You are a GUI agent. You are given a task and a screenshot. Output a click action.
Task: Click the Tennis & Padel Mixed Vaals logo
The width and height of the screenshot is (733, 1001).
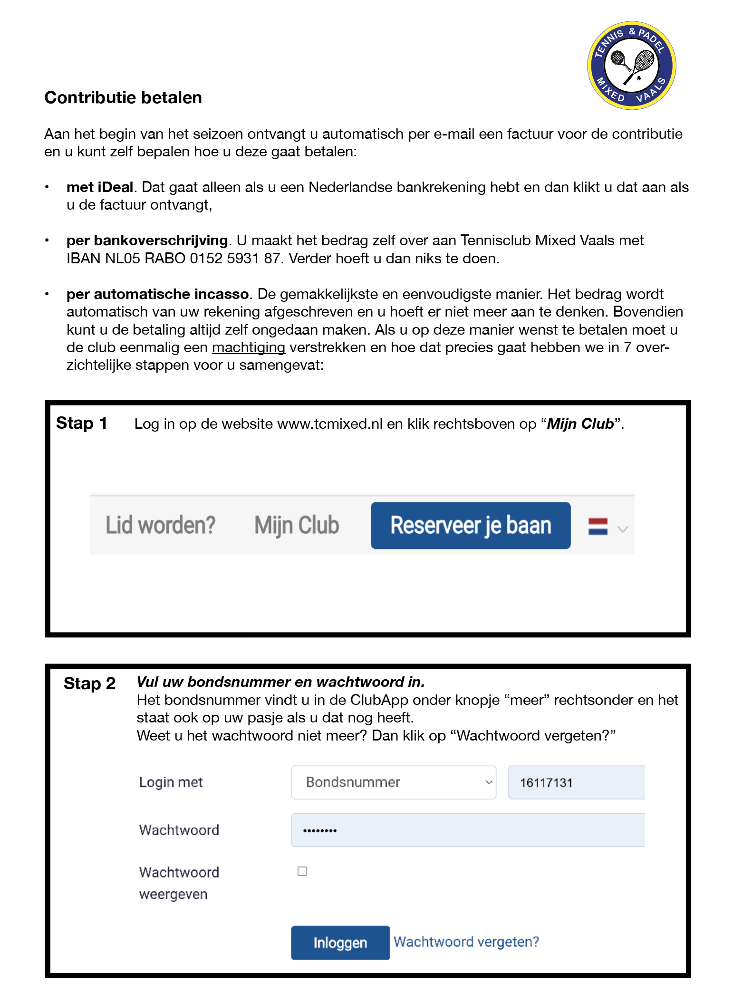[x=631, y=66]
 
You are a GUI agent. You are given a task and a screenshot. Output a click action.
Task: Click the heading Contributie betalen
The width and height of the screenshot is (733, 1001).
[x=123, y=97]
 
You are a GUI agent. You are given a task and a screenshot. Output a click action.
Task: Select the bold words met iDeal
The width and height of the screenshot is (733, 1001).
[x=99, y=187]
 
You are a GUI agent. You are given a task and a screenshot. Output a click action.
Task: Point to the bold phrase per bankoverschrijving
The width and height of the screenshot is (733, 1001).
[x=147, y=241]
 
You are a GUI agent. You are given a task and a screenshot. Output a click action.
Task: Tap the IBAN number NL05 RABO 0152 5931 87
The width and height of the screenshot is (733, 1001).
[x=173, y=259]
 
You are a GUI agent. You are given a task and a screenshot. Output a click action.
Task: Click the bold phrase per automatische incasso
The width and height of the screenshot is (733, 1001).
[x=157, y=294]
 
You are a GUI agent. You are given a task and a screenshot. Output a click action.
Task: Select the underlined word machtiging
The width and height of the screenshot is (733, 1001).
[x=248, y=347]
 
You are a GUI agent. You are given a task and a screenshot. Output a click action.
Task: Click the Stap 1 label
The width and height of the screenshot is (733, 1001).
[x=82, y=423]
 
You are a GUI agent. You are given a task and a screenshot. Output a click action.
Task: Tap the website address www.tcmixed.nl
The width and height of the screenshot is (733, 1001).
[x=329, y=424]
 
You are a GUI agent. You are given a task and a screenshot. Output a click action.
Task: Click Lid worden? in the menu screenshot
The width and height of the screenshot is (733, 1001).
[x=160, y=525]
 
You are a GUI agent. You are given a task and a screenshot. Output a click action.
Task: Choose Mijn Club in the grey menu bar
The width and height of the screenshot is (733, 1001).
[x=297, y=525]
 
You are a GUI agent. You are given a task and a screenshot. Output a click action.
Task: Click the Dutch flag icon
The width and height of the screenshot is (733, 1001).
[x=598, y=527]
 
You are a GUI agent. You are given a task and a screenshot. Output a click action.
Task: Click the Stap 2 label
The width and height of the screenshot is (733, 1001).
[x=89, y=683]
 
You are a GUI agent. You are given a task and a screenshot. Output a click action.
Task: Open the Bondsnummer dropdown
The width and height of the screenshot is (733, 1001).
[x=393, y=782]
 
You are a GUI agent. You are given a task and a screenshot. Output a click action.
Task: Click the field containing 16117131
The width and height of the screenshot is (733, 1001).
[x=576, y=782]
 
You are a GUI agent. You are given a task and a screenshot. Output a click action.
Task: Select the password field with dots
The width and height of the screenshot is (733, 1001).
[x=468, y=830]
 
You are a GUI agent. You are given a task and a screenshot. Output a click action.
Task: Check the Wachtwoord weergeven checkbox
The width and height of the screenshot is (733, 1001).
[x=302, y=871]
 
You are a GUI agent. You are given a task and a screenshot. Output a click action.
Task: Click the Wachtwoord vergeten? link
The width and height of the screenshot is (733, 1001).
[x=466, y=942]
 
